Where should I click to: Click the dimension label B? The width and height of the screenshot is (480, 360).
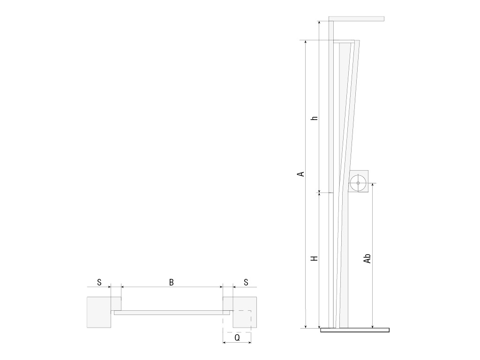point(172,282)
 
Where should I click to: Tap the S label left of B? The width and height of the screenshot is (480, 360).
point(99,282)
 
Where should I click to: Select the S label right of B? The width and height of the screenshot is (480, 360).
point(246,282)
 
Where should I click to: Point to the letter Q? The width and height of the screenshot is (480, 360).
point(237,337)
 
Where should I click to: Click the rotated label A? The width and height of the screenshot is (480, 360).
point(301,173)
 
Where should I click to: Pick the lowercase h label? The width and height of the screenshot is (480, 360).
point(315,118)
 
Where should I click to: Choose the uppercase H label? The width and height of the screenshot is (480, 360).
point(315,258)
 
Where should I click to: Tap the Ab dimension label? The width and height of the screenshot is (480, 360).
point(368,258)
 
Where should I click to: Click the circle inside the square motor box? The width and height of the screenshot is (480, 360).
point(358,183)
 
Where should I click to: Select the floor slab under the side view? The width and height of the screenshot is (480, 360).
point(355,330)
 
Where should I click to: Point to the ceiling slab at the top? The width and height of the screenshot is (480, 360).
point(356,19)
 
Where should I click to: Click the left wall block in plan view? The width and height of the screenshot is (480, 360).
point(99,312)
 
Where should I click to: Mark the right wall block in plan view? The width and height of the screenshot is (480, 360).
point(245,312)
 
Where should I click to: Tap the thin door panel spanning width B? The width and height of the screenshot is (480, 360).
point(172,313)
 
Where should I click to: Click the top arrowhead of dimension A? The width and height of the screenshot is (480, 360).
point(305,42)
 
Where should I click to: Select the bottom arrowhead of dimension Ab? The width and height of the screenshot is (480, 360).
point(373,326)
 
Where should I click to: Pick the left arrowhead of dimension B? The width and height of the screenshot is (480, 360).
point(123,286)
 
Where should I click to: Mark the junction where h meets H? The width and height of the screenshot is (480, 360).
point(319,192)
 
